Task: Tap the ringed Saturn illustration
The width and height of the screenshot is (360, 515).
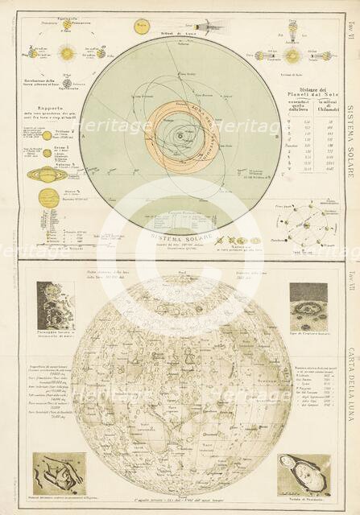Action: [42, 174]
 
